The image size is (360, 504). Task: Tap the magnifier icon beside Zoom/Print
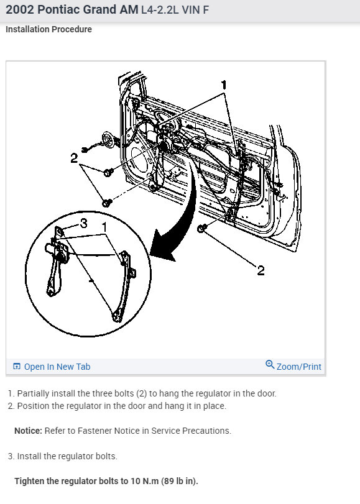point(270,365)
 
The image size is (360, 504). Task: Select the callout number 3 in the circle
point(84,222)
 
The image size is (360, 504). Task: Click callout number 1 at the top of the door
point(224,85)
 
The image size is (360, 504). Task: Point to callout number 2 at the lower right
point(261,270)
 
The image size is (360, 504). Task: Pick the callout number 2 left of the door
point(74,158)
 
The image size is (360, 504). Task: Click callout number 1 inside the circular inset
point(104,227)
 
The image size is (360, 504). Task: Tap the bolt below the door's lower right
point(201,229)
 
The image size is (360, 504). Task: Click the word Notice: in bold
point(29,431)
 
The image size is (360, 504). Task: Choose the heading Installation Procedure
point(48,29)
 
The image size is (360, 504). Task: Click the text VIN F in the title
point(195,10)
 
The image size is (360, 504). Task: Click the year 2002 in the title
point(20,10)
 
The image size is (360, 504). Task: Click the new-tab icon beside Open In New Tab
point(17,366)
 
